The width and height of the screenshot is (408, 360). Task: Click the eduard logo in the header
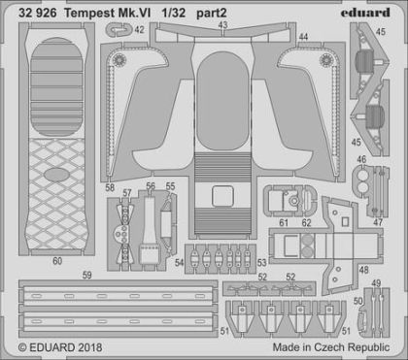coord(365,13)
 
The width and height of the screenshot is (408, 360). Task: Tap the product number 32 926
coord(38,13)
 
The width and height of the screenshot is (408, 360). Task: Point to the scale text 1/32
coord(174,13)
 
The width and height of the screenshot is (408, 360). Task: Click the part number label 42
coord(139,30)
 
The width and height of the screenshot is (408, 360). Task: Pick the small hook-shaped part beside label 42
coord(119,30)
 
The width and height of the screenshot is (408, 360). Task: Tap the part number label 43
coord(222,24)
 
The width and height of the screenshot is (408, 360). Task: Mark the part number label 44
coord(303,37)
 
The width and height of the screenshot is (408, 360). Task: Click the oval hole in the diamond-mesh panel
coord(56,175)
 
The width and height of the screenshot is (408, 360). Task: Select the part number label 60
coord(57,261)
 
